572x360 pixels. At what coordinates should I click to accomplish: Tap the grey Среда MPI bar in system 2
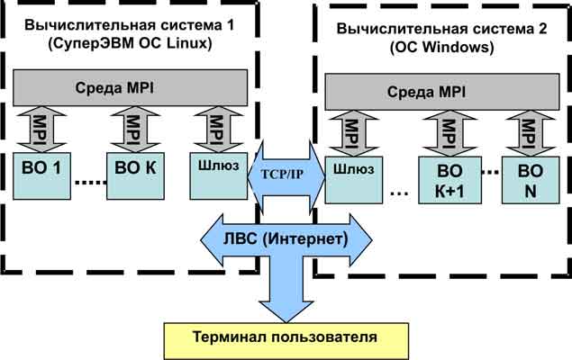click(x=441, y=92)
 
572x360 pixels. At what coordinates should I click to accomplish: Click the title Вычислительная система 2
click(x=440, y=28)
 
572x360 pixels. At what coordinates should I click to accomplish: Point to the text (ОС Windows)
click(x=440, y=47)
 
